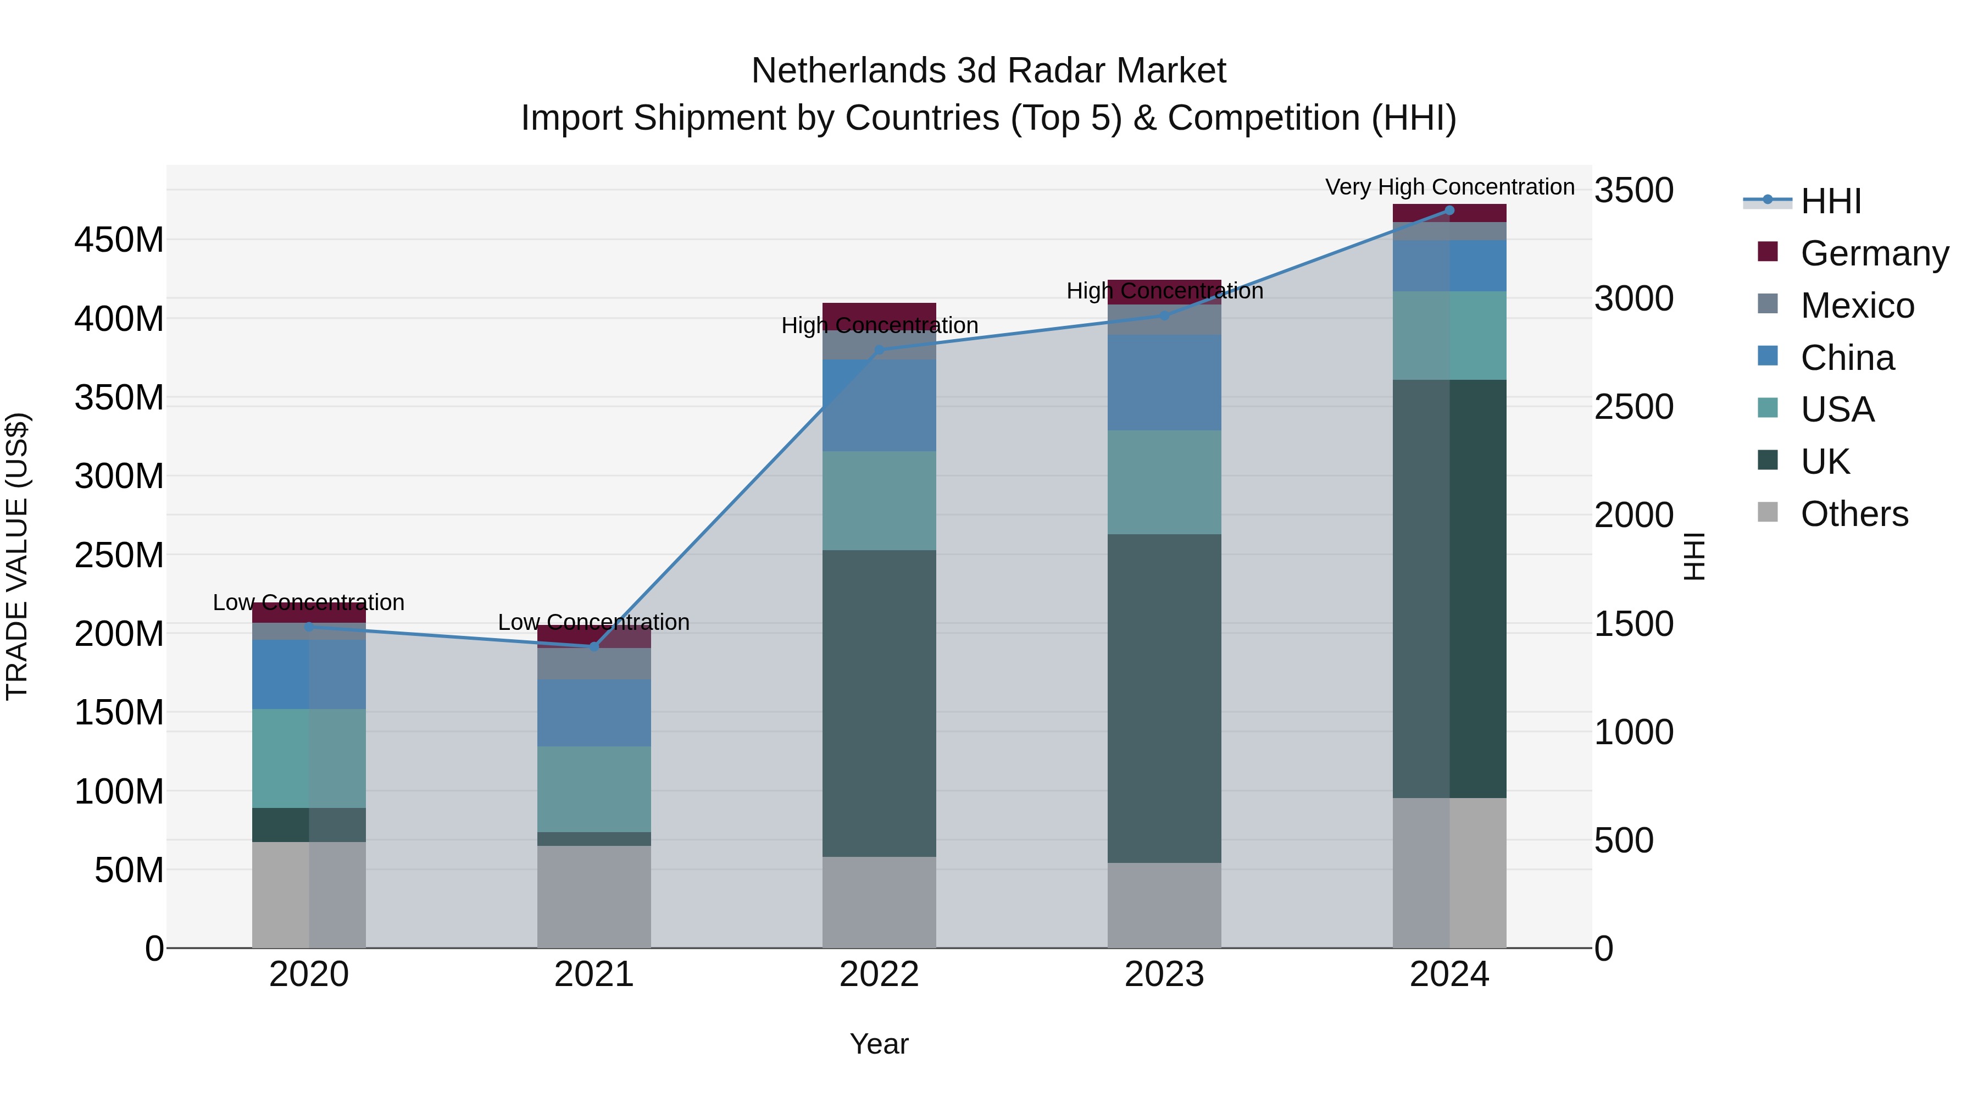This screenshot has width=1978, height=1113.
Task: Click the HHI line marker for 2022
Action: (x=879, y=350)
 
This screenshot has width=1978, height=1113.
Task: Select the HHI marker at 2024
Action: (x=1449, y=211)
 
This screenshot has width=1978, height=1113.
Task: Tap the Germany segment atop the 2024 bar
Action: (x=1449, y=213)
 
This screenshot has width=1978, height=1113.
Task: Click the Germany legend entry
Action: (x=1874, y=253)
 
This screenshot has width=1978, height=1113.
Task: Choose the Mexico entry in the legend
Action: (x=1857, y=306)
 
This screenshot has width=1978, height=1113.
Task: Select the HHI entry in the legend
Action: (x=1831, y=201)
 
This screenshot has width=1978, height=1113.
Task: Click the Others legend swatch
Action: (x=1767, y=512)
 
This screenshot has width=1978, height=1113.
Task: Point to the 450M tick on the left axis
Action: (x=119, y=240)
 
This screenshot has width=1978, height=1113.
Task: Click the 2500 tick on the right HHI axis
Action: (x=1633, y=407)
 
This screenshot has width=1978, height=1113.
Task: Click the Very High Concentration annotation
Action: (x=1449, y=187)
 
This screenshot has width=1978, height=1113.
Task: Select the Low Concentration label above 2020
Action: (x=309, y=602)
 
